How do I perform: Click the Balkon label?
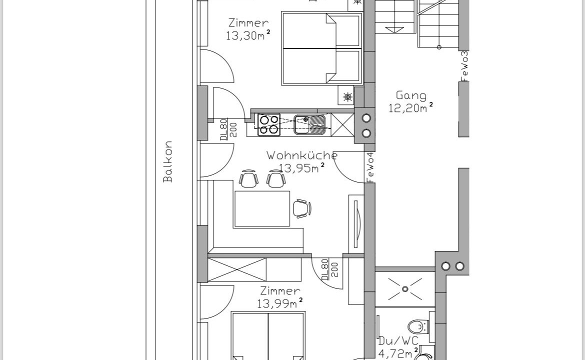(168, 161)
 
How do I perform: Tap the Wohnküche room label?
(302, 155)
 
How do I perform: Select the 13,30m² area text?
(248, 35)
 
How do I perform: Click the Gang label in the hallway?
(411, 96)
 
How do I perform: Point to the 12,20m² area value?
(411, 108)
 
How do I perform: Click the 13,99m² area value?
(280, 303)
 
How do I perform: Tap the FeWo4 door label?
(370, 167)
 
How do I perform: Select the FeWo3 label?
(464, 66)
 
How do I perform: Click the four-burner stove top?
(269, 124)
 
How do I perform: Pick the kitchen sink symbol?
(309, 124)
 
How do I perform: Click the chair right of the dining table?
(302, 208)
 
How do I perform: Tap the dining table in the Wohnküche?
(262, 208)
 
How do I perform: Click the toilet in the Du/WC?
(417, 327)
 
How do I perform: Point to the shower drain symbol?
(405, 288)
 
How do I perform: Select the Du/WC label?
(398, 340)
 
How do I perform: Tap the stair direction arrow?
(394, 29)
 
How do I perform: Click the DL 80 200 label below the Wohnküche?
(330, 270)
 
